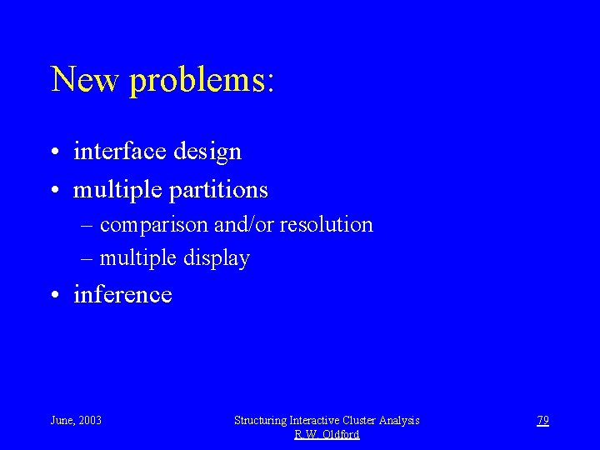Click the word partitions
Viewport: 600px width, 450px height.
(x=218, y=191)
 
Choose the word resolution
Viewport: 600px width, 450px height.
(x=327, y=225)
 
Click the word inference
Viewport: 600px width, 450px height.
(x=122, y=295)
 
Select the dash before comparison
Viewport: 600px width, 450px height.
(x=87, y=225)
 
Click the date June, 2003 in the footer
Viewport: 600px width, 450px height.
(x=76, y=421)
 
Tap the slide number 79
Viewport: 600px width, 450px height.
(x=542, y=421)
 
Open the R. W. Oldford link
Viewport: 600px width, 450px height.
(x=327, y=435)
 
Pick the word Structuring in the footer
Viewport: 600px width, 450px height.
(x=260, y=421)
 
